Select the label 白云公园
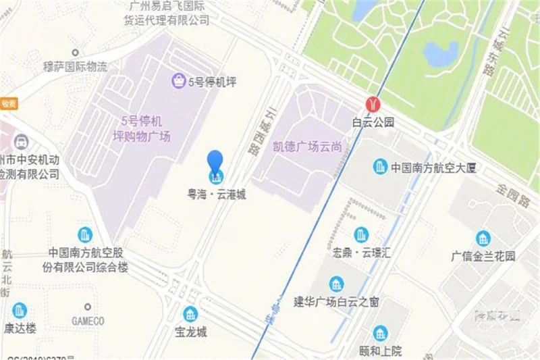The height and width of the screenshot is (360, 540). point(373,123)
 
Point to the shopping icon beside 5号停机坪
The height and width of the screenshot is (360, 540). point(179,82)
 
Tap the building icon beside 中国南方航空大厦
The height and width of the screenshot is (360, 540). point(381,167)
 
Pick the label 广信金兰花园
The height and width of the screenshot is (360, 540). point(483,257)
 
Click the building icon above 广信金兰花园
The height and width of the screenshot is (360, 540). point(483,238)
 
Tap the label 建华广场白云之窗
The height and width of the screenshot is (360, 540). point(337,301)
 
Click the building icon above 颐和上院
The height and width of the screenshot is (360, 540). point(381,333)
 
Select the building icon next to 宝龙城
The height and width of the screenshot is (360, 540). point(191,314)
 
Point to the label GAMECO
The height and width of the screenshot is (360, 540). point(88,321)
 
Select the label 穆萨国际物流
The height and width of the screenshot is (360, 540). point(75,67)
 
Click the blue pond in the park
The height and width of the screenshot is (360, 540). point(441,54)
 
